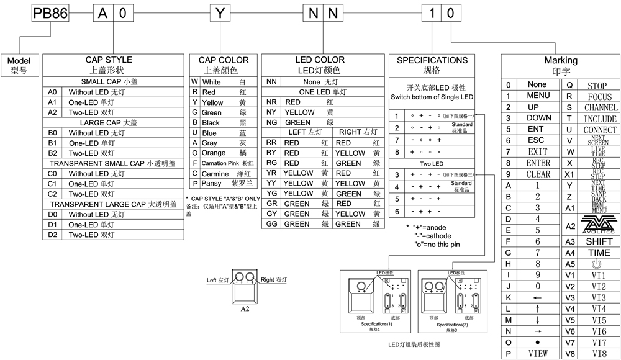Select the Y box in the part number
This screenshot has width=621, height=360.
[x=219, y=12]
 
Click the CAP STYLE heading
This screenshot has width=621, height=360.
[x=109, y=60]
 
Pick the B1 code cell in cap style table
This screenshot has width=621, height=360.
[x=52, y=143]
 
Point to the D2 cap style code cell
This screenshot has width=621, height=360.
[x=52, y=235]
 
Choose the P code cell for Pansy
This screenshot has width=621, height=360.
[x=194, y=184]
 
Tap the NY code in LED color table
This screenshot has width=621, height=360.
[x=271, y=112]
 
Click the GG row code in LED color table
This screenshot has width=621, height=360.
[x=271, y=224]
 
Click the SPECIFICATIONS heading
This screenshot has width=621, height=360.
[x=432, y=60]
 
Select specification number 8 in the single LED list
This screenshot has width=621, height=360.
[x=396, y=151]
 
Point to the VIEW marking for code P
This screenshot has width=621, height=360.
[x=537, y=353]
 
